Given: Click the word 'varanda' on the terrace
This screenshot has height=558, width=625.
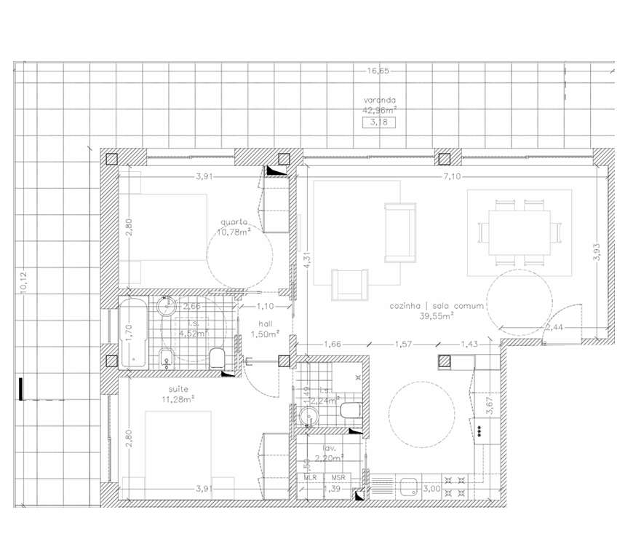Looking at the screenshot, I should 380,101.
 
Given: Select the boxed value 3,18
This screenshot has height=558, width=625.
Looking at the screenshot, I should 379,122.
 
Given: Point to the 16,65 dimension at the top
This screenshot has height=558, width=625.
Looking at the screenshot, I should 378,71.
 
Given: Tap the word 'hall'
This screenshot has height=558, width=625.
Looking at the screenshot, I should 260,324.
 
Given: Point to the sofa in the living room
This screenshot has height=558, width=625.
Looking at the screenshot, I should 399,232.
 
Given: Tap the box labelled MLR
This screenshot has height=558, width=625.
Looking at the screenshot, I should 311,477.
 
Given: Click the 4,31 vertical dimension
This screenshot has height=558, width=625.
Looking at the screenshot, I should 307,259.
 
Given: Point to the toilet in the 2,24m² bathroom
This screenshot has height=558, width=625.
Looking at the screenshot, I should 350,410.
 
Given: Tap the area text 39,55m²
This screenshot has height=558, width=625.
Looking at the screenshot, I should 437,316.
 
